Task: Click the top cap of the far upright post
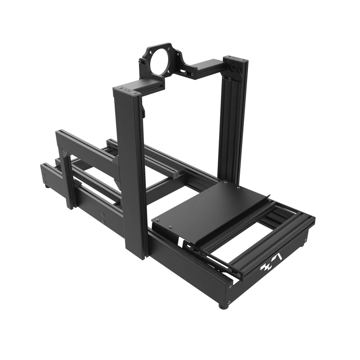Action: (235, 60)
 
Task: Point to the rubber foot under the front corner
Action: (224, 306)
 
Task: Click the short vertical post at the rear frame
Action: (67, 180)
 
